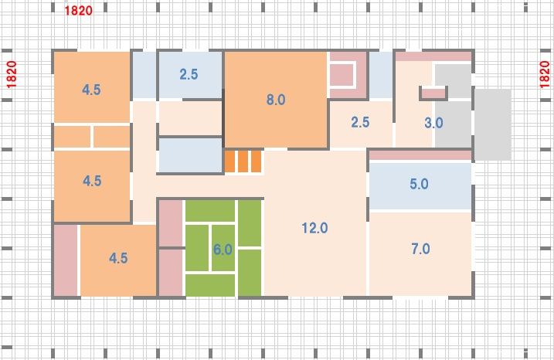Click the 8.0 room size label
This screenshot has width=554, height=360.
coord(276,100)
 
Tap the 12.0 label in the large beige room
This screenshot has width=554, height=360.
coord(314,228)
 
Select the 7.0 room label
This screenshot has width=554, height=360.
coord(420,249)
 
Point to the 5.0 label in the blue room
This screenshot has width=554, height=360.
coord(419,184)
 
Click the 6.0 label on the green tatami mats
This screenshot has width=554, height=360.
coord(223,250)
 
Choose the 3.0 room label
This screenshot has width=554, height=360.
coord(433,123)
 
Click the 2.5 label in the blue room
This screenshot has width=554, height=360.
coord(189,74)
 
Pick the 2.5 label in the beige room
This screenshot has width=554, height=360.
coord(360,122)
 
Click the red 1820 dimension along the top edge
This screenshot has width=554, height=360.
coord(79,11)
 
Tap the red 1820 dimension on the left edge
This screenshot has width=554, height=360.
coord(12,74)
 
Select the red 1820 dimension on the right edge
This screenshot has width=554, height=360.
coord(545,74)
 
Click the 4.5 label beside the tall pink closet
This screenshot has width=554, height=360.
coord(118,258)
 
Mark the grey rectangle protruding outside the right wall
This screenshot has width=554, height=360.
coord(492,124)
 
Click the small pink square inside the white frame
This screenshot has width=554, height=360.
coord(342,75)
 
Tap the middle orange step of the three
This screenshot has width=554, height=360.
coord(243,161)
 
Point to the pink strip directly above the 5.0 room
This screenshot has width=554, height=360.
coord(420,155)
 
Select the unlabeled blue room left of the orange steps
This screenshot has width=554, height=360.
coord(190,155)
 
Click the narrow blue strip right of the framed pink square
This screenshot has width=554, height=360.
coord(381,75)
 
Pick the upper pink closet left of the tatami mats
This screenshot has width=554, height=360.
coord(171,223)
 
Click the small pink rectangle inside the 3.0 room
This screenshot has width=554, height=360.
coord(433,93)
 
